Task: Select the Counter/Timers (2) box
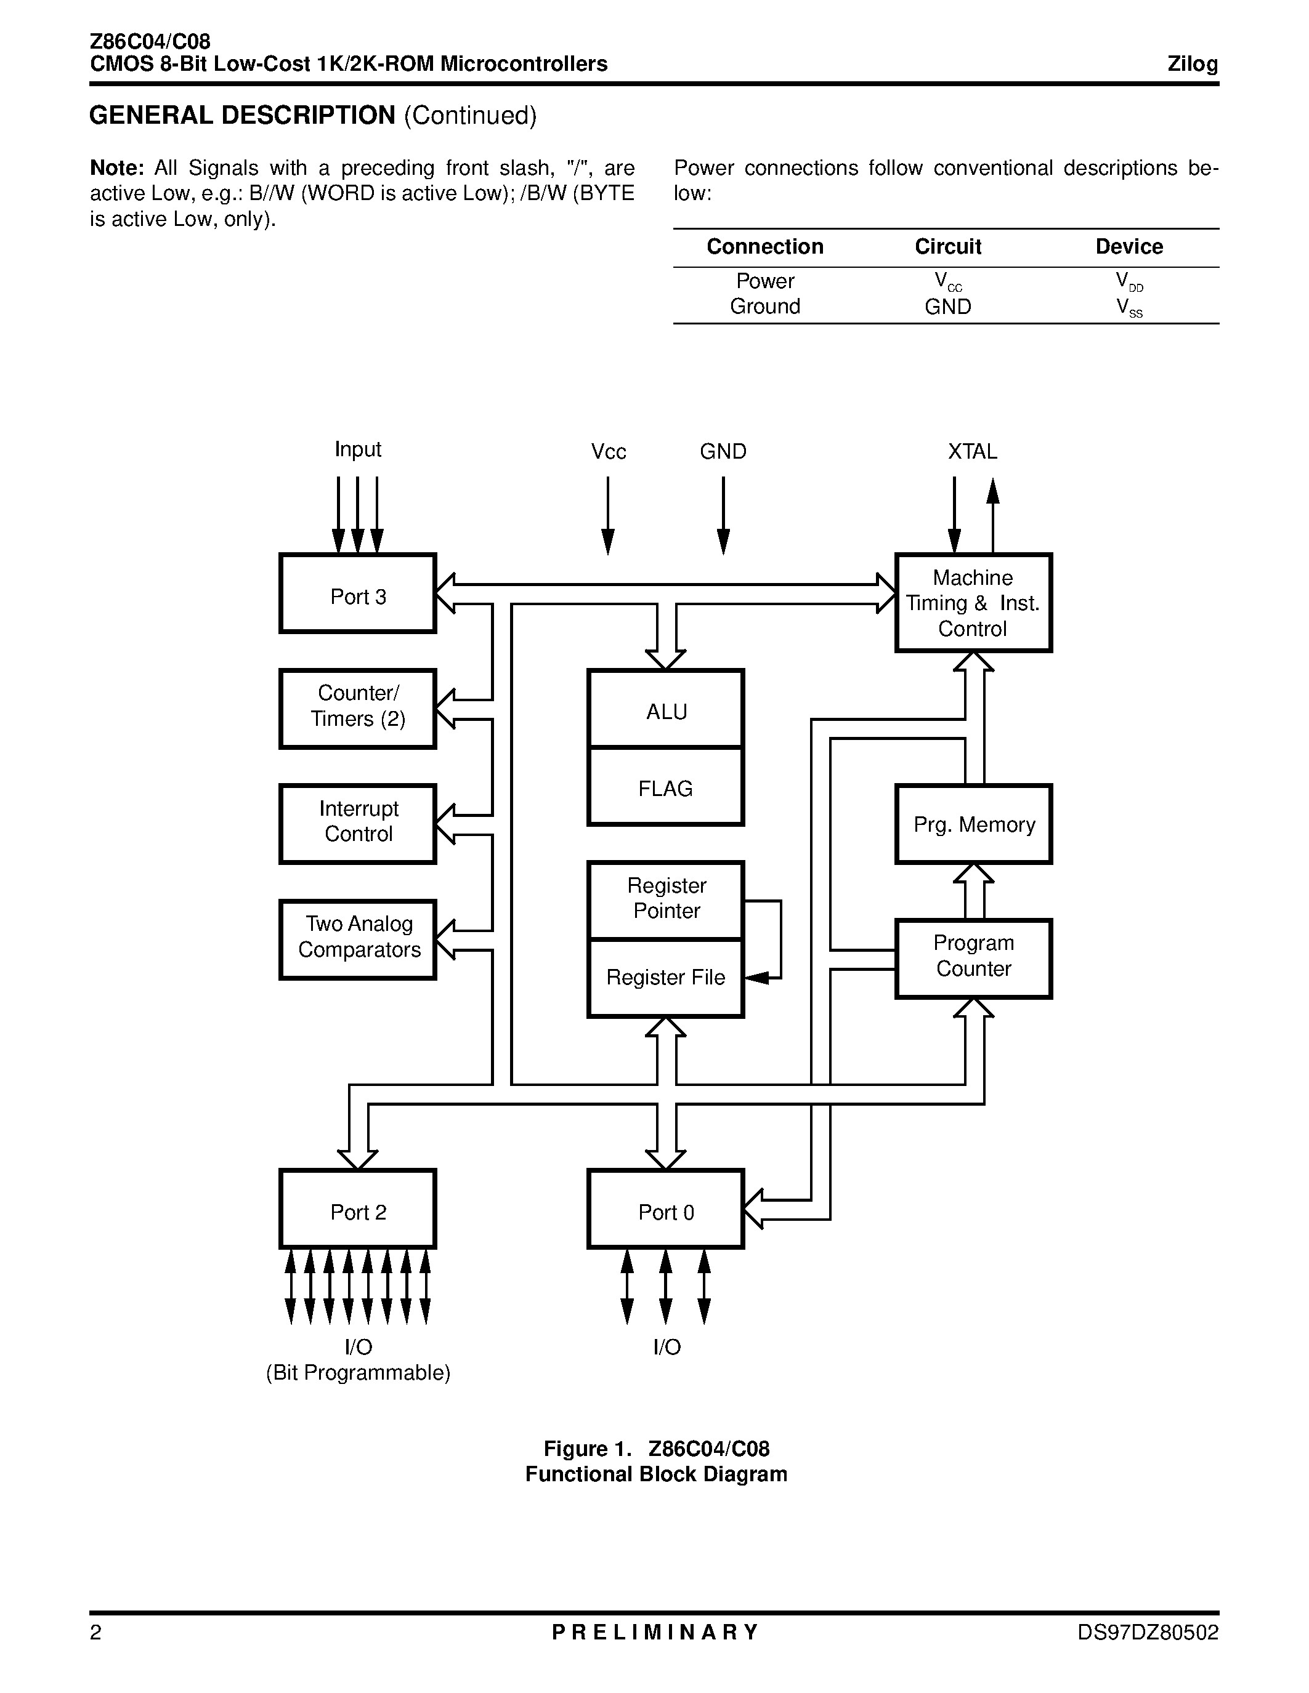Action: [x=357, y=709]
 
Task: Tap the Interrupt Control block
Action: [x=357, y=824]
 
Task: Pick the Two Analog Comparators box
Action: [x=357, y=939]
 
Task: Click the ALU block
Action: [x=666, y=709]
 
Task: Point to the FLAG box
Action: [x=666, y=787]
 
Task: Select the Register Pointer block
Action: [x=666, y=900]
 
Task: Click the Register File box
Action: [x=666, y=978]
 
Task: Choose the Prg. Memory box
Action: [x=974, y=824]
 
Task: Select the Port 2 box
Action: [x=357, y=1209]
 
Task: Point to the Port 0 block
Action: [x=666, y=1209]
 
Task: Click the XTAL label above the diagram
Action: [x=973, y=451]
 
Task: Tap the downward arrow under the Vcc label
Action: [x=608, y=515]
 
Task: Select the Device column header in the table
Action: [x=1129, y=246]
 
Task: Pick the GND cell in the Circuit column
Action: [x=947, y=306]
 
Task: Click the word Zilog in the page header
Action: [x=1193, y=65]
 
